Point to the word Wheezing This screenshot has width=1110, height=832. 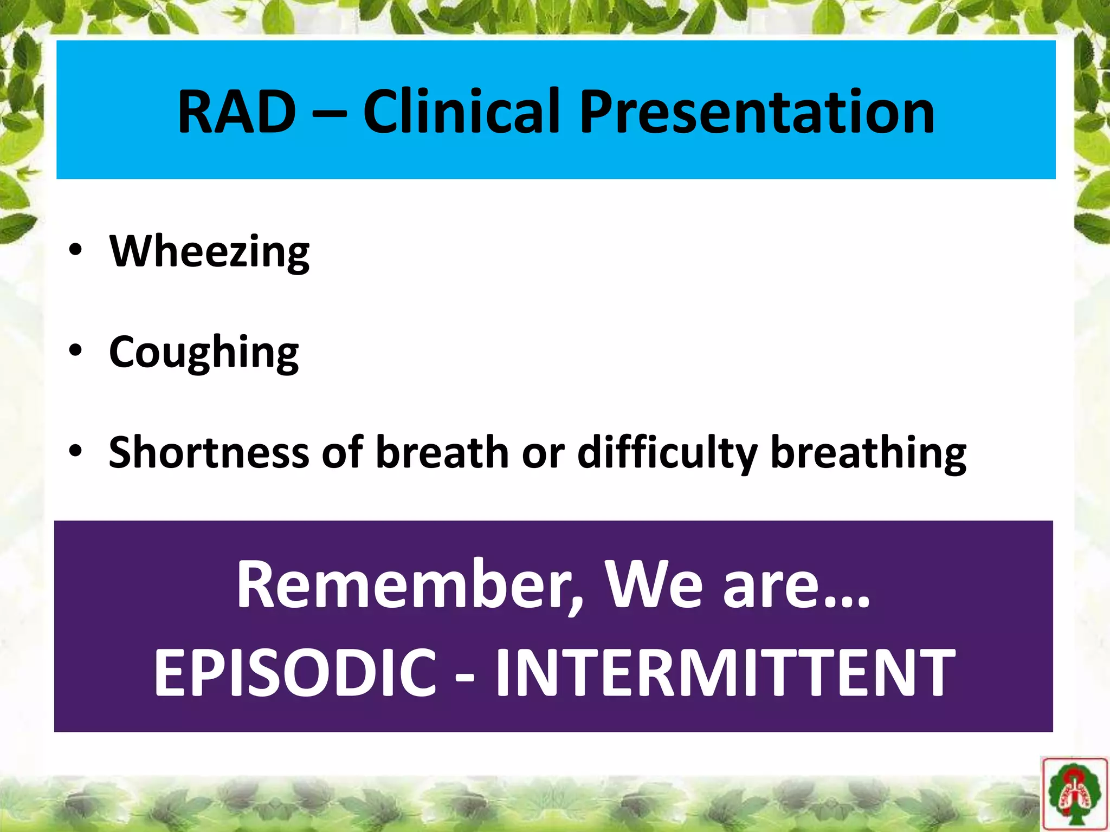pyautogui.click(x=209, y=252)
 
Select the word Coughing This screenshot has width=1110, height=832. pyautogui.click(x=204, y=353)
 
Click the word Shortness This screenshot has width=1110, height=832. pyautogui.click(x=209, y=452)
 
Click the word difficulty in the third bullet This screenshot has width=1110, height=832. pyautogui.click(x=667, y=452)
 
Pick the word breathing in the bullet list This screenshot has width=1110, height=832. pyautogui.click(x=868, y=452)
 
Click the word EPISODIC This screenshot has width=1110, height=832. pyautogui.click(x=295, y=673)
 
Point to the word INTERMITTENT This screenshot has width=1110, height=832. pyautogui.click(x=725, y=673)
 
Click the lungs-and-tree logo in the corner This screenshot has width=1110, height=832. pyautogui.click(x=1074, y=793)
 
